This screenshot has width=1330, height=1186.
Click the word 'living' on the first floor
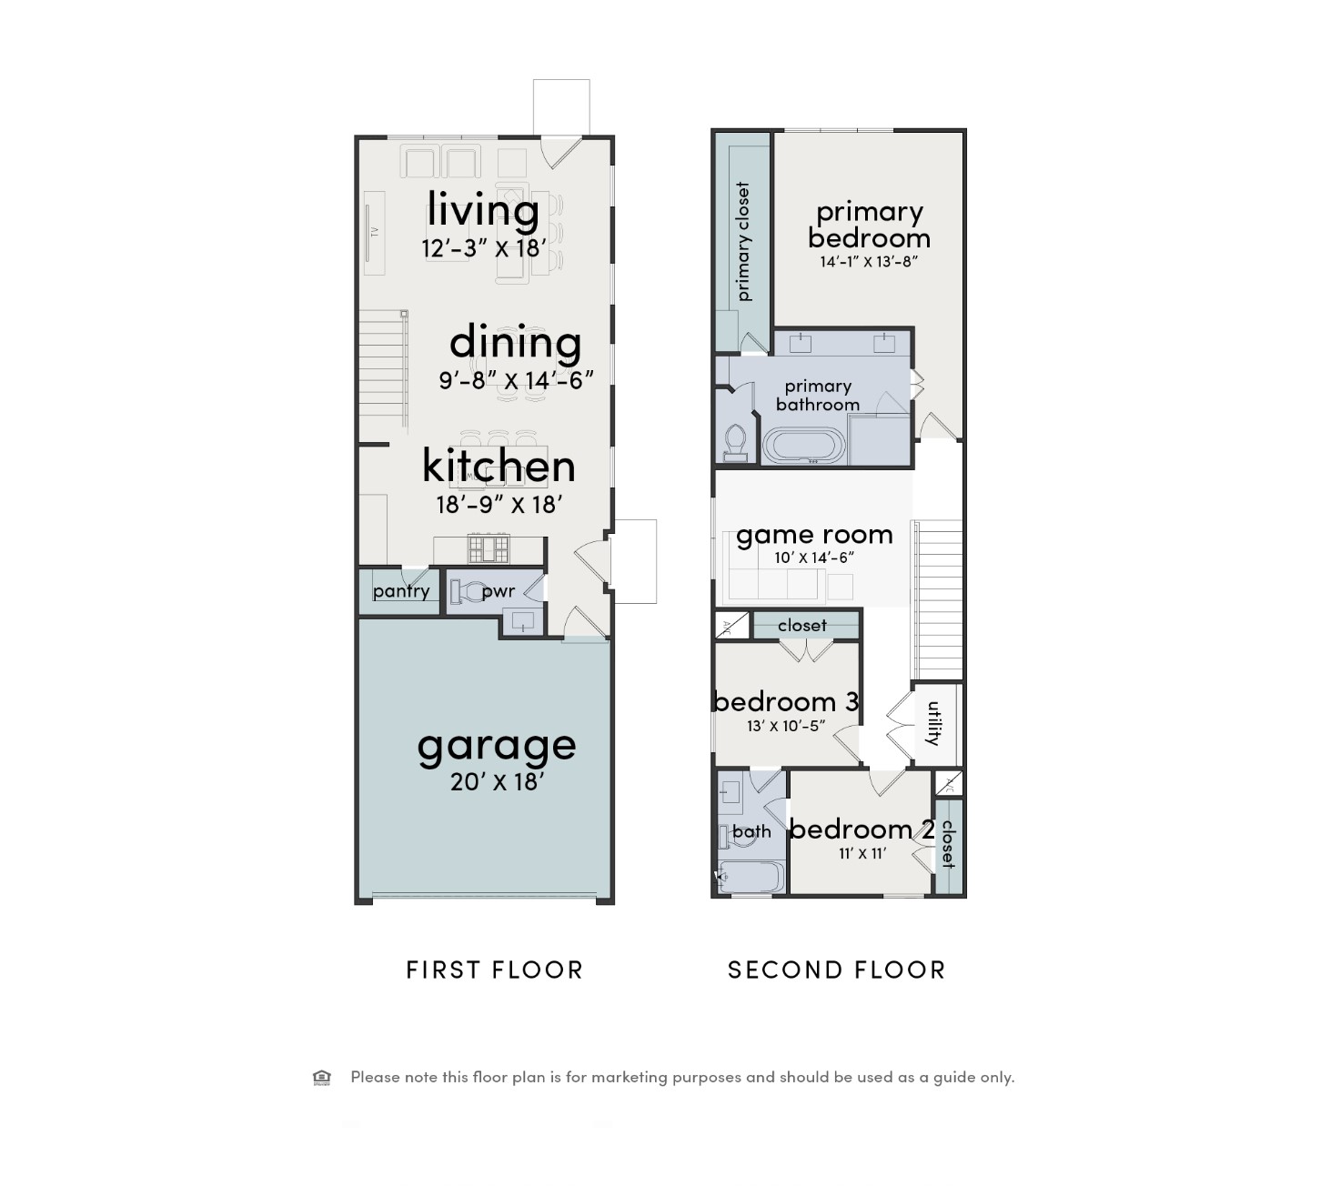pos(483,210)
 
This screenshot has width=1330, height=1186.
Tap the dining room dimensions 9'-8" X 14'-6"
pos(516,380)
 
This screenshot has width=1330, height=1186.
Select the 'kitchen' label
pos(499,466)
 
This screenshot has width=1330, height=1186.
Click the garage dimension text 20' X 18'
pos(497,781)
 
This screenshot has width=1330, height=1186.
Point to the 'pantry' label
pos(401,591)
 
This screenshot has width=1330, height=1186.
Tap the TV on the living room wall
pos(374,232)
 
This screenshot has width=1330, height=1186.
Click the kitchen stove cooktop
pos(489,549)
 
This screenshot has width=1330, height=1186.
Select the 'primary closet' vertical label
pos(743,241)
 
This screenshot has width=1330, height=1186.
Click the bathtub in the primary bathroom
pos(804,447)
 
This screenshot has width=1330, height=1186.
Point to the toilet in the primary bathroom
pos(735,442)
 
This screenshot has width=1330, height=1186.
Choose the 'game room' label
pos(814,535)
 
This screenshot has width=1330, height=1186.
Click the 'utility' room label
pos(934,723)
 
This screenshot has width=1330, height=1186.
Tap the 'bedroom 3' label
pos(786,701)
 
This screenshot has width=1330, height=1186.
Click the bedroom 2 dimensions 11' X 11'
pos(861,853)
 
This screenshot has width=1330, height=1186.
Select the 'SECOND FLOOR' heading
pos(837,970)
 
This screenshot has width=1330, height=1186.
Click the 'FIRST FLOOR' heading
pos(494,970)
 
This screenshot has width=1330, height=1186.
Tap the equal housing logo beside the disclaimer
pos(322,1078)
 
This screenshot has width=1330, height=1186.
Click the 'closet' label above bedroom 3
pos(802,626)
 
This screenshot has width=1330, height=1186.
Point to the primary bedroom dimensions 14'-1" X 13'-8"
pos(869,262)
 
